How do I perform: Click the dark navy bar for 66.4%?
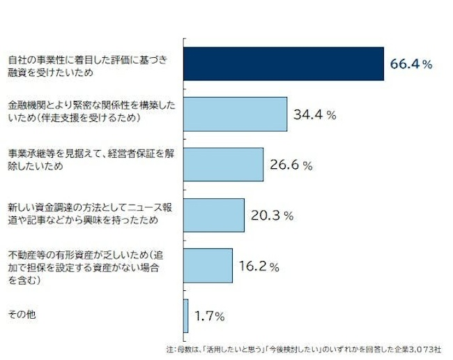click(284, 63)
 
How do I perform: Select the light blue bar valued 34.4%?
click(236, 114)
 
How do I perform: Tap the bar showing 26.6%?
click(223, 165)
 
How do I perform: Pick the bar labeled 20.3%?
click(214, 215)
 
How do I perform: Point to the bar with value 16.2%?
click(208, 266)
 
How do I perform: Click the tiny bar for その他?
click(186, 315)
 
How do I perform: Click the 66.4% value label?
click(411, 64)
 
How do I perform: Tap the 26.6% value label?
click(290, 165)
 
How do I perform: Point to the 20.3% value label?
click(271, 216)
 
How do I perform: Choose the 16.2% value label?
click(259, 267)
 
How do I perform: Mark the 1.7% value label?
click(209, 316)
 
